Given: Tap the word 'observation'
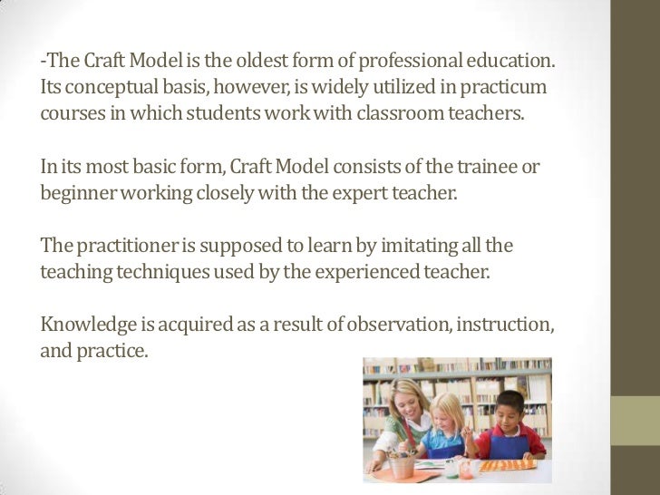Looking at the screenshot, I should coord(391,325).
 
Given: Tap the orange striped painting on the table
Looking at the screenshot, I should coord(508,465).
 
